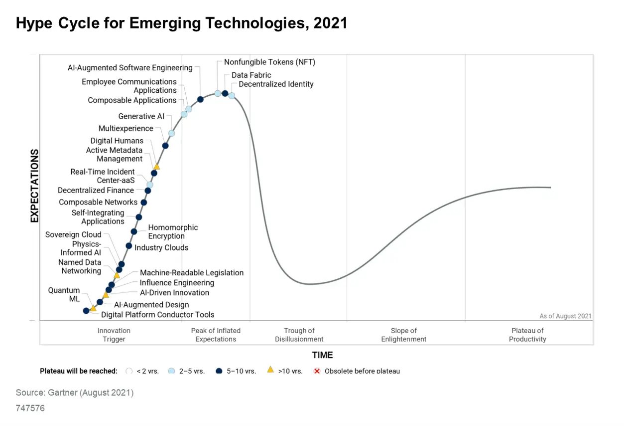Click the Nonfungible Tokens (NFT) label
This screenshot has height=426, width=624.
[x=269, y=62]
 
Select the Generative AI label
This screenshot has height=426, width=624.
[x=141, y=116]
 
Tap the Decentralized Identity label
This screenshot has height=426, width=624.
[x=276, y=84]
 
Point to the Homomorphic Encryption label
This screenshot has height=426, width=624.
[x=173, y=231]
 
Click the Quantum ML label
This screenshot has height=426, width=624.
[x=64, y=294]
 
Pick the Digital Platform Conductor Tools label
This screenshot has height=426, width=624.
[x=157, y=314]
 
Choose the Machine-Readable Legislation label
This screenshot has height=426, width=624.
[x=192, y=272]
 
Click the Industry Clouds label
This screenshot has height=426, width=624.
[x=161, y=247]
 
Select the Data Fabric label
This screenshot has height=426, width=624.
[x=251, y=75]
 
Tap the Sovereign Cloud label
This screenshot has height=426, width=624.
[x=73, y=234]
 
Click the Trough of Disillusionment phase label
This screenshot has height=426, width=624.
[x=299, y=335]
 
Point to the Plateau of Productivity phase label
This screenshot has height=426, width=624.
[x=527, y=335]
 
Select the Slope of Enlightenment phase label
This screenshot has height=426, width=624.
[x=403, y=335]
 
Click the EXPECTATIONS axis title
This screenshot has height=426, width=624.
[x=34, y=186]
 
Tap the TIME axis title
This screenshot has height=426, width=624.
[x=322, y=355]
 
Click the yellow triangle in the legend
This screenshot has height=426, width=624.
[x=270, y=370]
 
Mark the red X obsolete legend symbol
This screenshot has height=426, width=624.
[x=317, y=371]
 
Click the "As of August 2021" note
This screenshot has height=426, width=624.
[x=565, y=316]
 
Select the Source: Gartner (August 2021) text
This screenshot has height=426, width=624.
[x=75, y=393]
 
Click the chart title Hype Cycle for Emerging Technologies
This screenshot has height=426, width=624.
[x=181, y=23]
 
